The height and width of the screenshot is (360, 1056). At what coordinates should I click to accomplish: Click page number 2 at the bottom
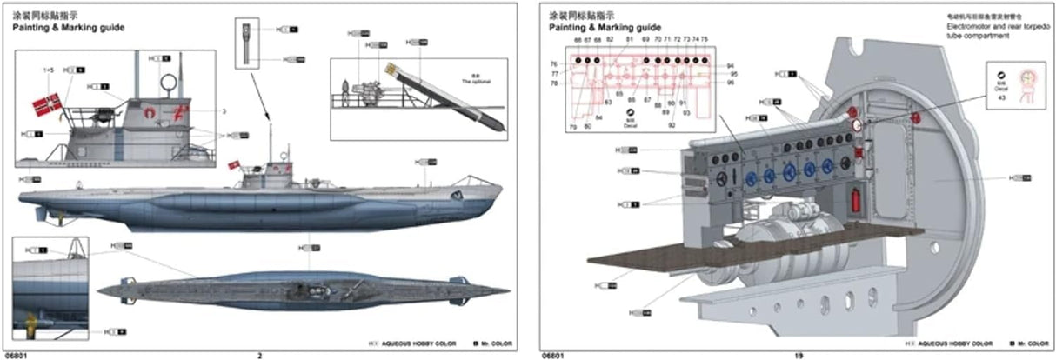[x=260, y=355]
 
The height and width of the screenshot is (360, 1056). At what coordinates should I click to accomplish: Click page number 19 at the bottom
[x=798, y=355]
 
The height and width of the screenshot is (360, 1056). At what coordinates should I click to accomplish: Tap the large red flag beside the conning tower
[x=45, y=105]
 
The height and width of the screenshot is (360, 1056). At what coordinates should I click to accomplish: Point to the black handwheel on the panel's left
[x=724, y=177]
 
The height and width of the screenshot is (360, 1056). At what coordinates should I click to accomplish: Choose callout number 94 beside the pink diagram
[x=730, y=66]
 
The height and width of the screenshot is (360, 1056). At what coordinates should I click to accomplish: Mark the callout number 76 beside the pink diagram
[x=553, y=64]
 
